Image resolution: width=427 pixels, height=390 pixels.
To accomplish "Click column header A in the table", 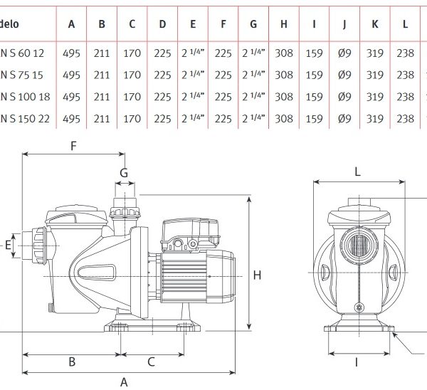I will click(x=71, y=24).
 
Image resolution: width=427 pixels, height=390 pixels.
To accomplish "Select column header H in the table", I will click(x=283, y=24).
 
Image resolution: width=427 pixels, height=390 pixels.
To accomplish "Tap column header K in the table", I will click(x=374, y=24).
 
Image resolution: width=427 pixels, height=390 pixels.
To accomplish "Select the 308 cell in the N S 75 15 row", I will click(x=283, y=74).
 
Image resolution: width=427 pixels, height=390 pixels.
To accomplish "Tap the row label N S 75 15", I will click(x=21, y=74).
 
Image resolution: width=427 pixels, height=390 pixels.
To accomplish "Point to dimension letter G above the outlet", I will click(x=123, y=172).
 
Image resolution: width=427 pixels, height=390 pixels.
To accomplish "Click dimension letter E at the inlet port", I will click(x=9, y=246).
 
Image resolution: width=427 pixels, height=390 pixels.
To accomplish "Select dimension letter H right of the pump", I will click(x=257, y=275).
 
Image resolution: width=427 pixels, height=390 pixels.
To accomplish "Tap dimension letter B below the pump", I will click(x=72, y=362).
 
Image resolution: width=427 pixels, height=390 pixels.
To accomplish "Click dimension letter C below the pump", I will click(x=151, y=362).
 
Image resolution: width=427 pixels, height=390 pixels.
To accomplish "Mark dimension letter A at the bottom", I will click(x=124, y=381).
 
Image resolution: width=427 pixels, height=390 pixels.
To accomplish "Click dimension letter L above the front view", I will click(x=357, y=172).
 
